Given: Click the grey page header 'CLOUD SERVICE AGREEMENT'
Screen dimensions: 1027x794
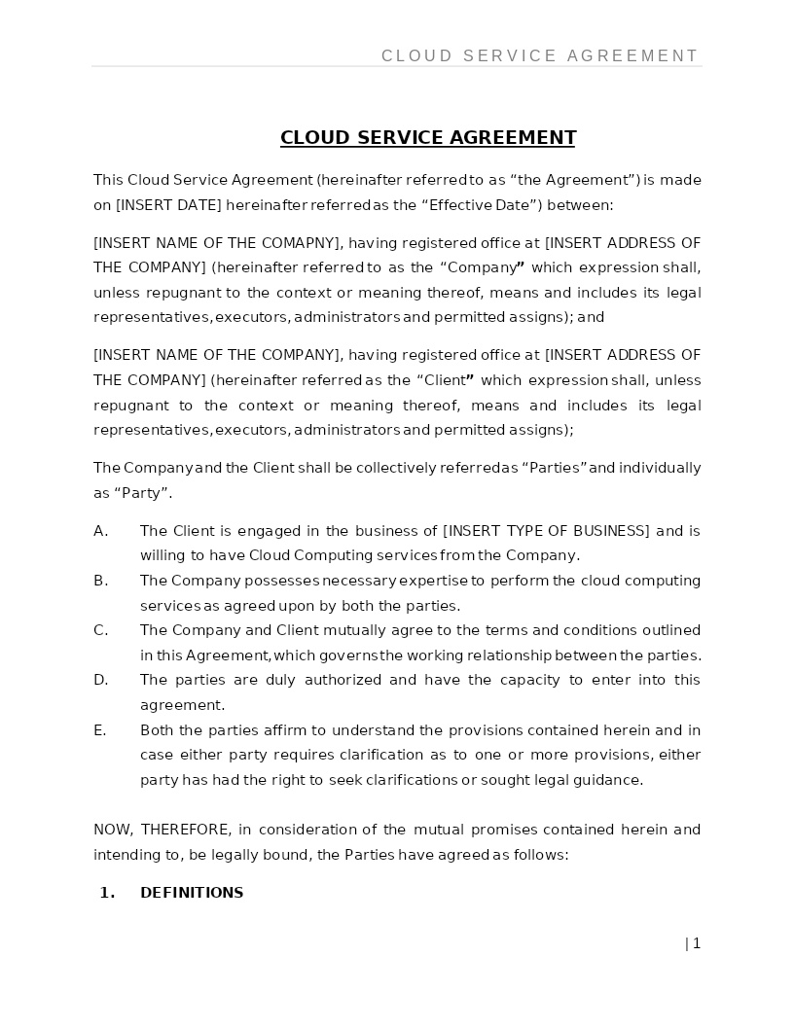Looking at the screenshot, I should (x=540, y=56).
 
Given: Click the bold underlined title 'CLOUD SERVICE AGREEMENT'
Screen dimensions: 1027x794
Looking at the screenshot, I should (x=428, y=138).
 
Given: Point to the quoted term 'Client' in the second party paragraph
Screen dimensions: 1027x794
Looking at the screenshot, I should (x=445, y=380).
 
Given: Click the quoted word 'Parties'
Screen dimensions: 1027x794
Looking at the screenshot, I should (x=555, y=468).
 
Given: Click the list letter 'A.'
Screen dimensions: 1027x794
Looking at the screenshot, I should (x=100, y=531).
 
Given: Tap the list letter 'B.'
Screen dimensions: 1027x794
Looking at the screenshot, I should (x=100, y=581).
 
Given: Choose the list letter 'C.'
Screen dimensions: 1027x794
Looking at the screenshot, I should (x=100, y=630).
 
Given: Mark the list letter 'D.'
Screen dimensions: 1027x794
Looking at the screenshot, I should (x=100, y=680).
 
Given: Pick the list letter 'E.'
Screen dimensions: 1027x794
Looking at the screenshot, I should (x=100, y=730).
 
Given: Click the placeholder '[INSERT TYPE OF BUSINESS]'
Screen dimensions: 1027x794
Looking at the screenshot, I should (x=546, y=531).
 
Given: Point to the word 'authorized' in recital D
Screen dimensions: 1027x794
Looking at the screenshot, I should (x=343, y=680).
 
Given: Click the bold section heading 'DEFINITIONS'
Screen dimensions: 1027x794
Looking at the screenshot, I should (x=192, y=893).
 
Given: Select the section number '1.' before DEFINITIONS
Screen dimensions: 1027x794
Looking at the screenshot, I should (x=107, y=893).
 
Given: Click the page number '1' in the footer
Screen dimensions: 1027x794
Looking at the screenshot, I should (x=697, y=943).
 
